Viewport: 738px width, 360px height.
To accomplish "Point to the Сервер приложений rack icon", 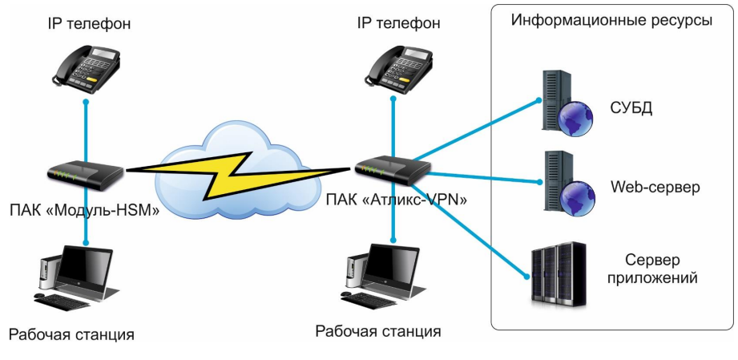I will pyautogui.click(x=559, y=276).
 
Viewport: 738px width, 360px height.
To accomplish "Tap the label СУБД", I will pyautogui.click(x=631, y=107).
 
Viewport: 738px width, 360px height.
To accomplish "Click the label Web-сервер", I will pyautogui.click(x=655, y=188).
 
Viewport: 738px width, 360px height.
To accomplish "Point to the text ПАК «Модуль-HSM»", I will pyautogui.click(x=87, y=211).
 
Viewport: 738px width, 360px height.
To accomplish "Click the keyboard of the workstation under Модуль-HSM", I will pyautogui.click(x=63, y=302).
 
